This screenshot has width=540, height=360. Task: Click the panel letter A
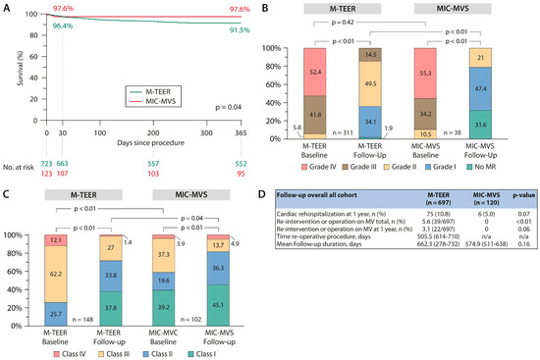click(x=6, y=7)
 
